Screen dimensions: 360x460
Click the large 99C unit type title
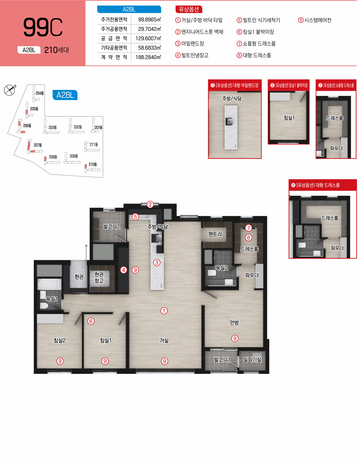pos(43,27)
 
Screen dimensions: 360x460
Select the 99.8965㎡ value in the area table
pos(149,20)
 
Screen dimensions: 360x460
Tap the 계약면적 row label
pos(114,57)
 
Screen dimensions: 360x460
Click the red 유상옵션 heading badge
pos(189,9)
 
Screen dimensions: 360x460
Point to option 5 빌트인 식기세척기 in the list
pos(258,20)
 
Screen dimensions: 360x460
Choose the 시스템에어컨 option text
pos(318,20)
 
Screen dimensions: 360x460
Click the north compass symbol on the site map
pos(10,90)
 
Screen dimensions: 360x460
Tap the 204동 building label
pos(40,93)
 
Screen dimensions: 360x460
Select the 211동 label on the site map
pos(94,145)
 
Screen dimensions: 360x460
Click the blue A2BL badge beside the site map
pos(65,95)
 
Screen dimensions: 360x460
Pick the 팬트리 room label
pos(215,234)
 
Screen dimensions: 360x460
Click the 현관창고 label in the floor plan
pos(99,278)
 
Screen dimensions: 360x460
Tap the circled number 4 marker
pos(124,270)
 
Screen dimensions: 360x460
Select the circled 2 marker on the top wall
pos(150,204)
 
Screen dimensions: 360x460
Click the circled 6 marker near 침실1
pos(91,321)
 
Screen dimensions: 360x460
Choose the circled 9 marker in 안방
pos(235,338)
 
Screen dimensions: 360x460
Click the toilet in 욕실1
pos(44,306)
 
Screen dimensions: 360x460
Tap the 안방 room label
pos(234,322)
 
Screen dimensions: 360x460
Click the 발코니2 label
pos(112,227)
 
